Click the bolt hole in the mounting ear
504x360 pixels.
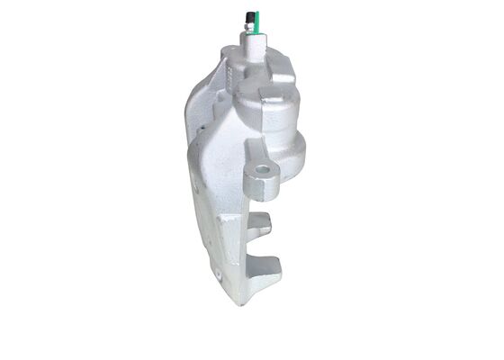point(263,168)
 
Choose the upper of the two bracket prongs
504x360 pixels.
point(258,225)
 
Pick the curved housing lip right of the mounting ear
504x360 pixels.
point(288,175)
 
